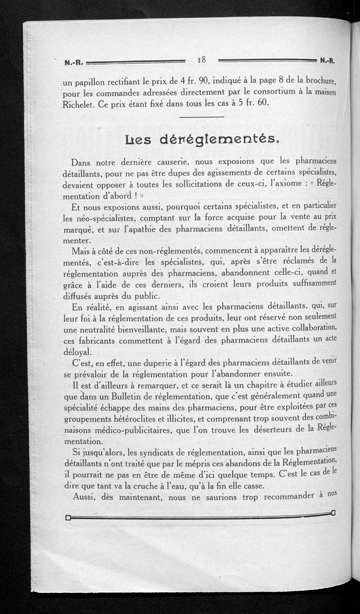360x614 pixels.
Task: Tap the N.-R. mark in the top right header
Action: coord(329,59)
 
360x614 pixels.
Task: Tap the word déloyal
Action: coord(77,351)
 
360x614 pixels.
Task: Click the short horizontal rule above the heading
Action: coord(202,117)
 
